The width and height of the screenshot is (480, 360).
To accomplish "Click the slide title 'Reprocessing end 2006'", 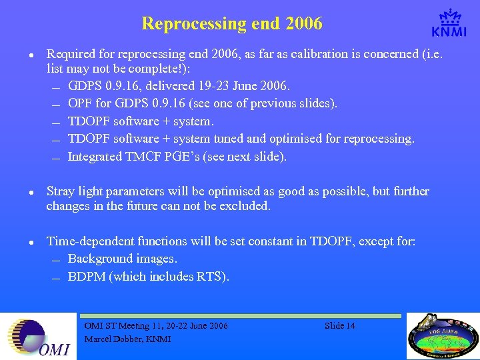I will click(231, 24).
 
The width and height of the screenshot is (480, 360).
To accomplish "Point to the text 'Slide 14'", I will click(339, 326).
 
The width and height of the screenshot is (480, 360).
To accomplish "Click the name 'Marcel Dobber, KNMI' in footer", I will click(127, 339).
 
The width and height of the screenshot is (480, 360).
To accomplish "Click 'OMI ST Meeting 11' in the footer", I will click(123, 326).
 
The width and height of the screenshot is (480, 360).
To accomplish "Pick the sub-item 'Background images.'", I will click(122, 259).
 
